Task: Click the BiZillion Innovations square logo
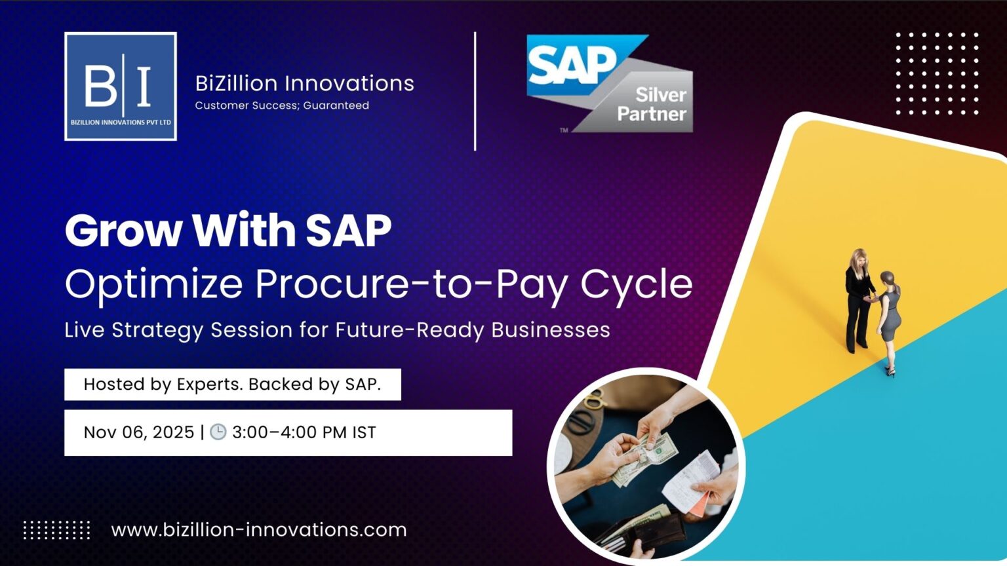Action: pos(121,86)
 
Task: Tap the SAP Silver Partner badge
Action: pos(609,84)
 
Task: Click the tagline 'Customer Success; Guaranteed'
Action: pos(282,105)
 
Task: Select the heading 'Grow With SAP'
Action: pos(227,231)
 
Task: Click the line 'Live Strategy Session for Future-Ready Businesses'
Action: pos(337,330)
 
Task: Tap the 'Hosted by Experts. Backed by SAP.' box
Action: pos(232,385)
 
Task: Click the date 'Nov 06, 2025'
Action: pos(139,432)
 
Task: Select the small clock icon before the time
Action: pos(218,432)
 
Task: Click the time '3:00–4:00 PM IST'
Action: pos(304,432)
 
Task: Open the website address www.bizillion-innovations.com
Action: pos(259,529)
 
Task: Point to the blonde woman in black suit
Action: pos(858,298)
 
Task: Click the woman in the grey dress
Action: pos(890,321)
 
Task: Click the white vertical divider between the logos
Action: pos(475,91)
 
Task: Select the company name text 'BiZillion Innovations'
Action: pos(304,83)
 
